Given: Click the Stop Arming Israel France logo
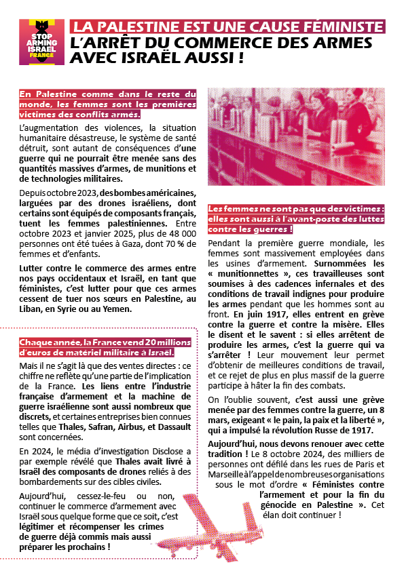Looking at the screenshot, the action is pyautogui.click(x=41, y=42).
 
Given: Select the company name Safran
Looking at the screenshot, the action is pyautogui.click(x=115, y=420).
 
